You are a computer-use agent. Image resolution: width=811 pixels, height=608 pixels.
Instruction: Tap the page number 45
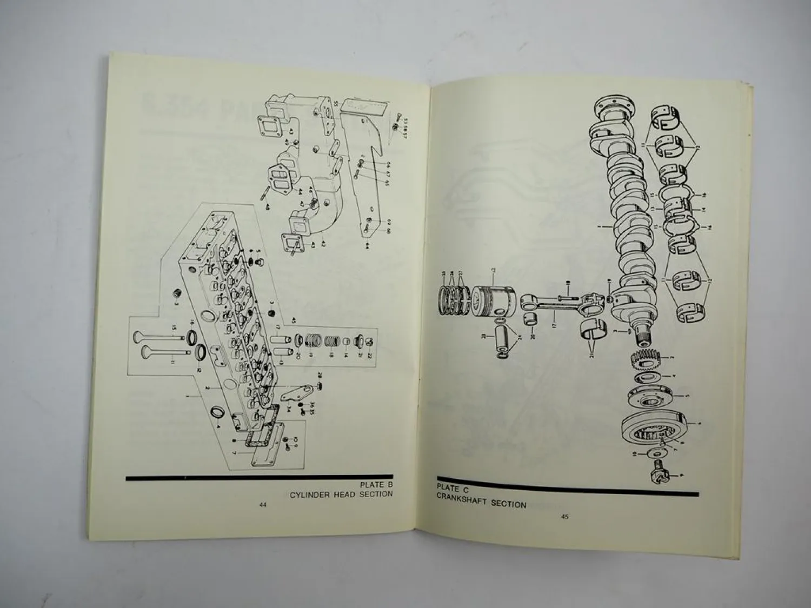564,517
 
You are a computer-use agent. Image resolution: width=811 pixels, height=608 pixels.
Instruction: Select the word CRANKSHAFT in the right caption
462,504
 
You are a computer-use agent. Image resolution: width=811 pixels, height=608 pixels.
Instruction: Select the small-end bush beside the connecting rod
531,316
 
